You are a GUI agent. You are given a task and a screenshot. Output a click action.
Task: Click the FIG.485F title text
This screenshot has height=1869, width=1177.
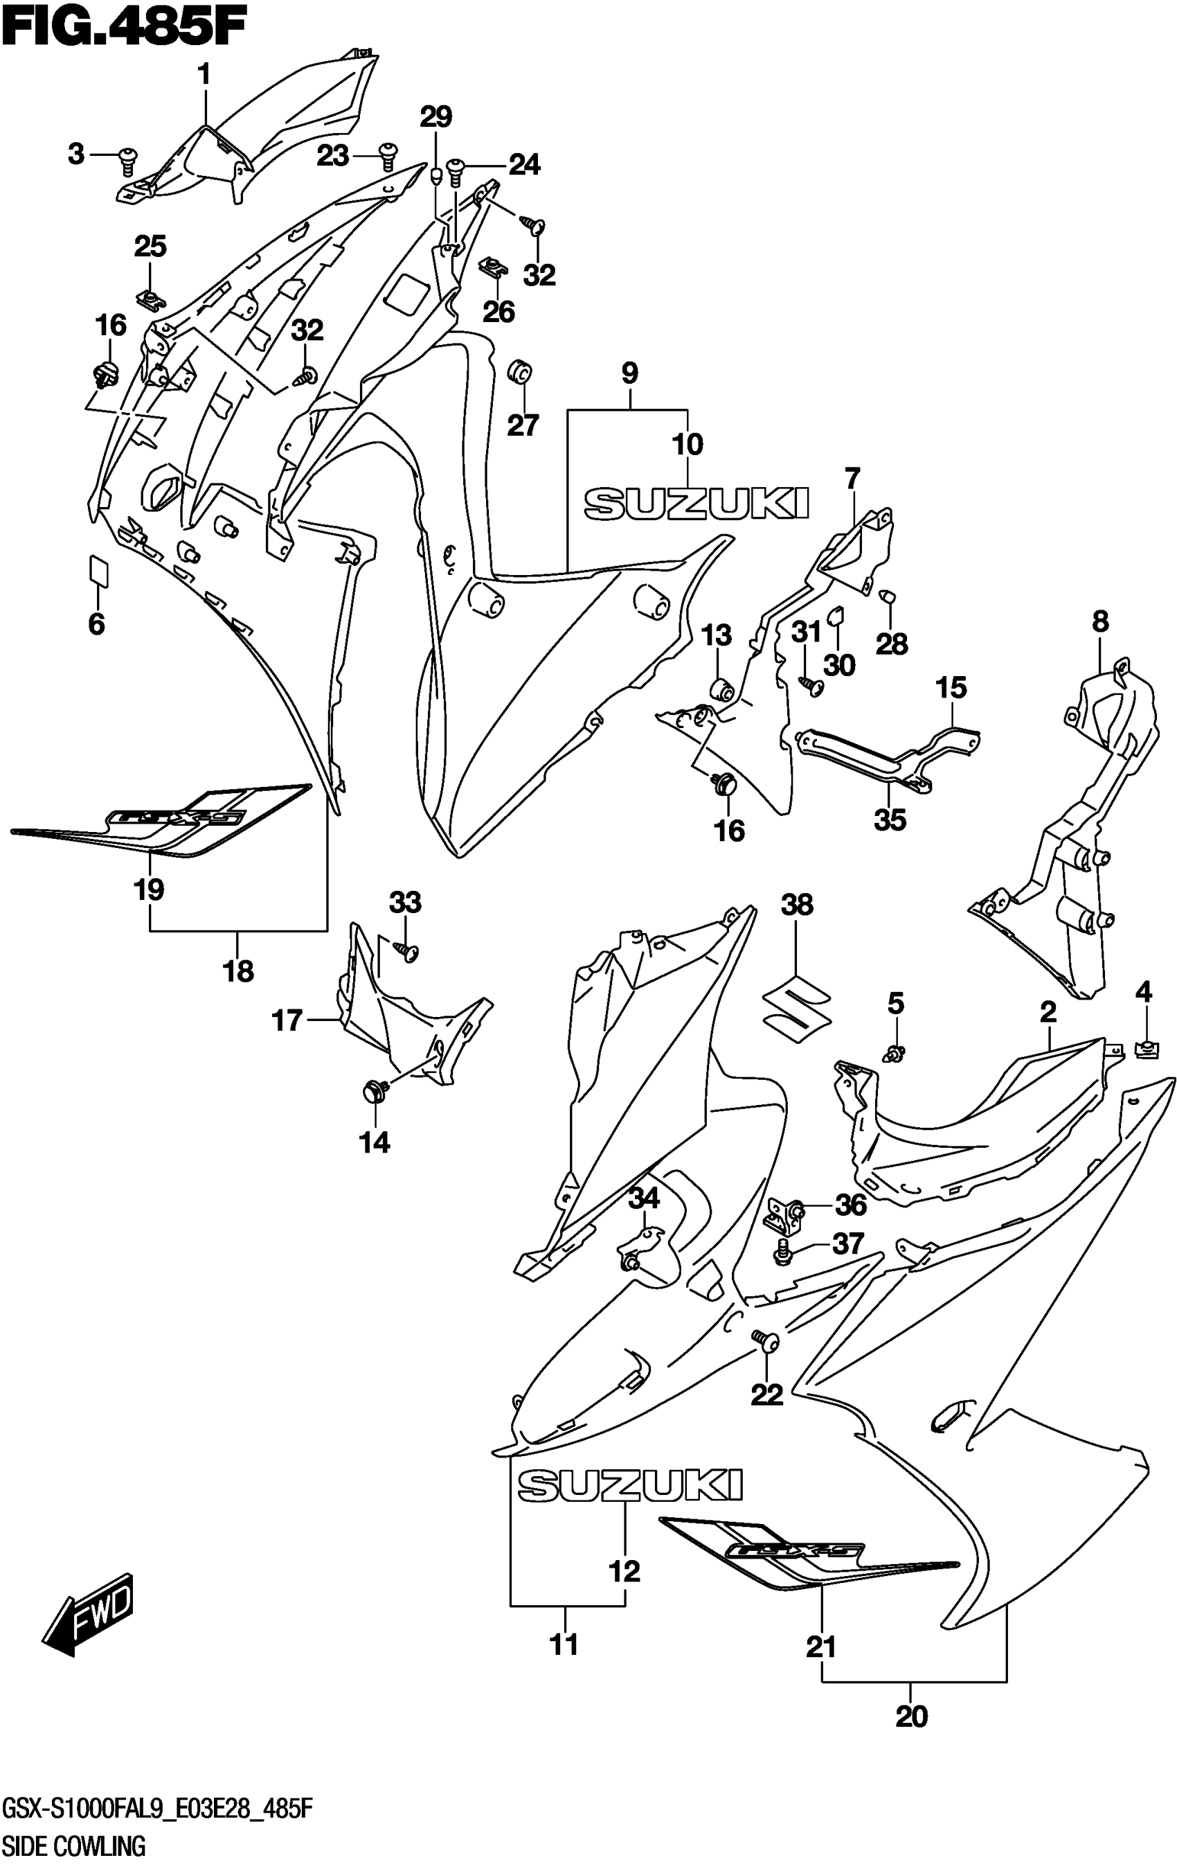(124, 31)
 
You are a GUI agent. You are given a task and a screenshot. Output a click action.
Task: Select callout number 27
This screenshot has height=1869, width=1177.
(522, 425)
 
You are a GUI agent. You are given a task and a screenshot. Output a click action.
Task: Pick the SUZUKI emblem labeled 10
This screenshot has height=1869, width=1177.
(696, 502)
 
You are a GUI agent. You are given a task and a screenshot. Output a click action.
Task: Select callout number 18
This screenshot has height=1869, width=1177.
(238, 971)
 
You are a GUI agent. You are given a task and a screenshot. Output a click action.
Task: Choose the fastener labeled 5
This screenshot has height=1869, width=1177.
(895, 1053)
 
